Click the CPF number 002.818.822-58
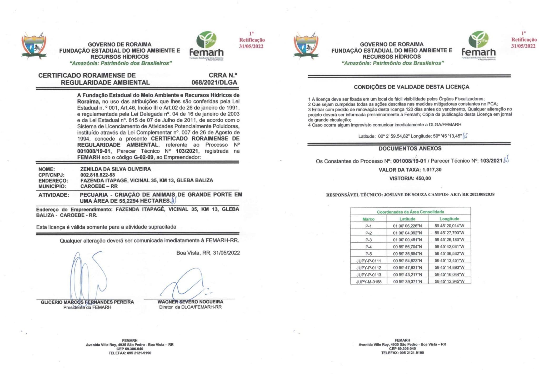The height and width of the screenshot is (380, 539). pos(97,175)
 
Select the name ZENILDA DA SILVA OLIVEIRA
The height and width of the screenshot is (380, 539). pos(116,169)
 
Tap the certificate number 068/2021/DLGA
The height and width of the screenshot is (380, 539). pos(214,82)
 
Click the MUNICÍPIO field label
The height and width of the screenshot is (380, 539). pos(52,186)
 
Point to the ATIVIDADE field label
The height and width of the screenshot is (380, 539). pos(54,195)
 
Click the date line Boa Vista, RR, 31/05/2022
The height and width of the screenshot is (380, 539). pos(208,253)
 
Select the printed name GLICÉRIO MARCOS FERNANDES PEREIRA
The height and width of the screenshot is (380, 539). pos(87,302)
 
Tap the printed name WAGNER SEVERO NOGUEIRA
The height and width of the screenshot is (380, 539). pos(190,302)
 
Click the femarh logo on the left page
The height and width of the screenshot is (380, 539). pos(207,46)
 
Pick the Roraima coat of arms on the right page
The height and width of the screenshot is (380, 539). pos(306,45)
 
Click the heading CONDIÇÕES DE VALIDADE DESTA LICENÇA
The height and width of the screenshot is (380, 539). pos(411,87)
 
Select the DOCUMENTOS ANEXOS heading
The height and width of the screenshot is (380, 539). pos(410,148)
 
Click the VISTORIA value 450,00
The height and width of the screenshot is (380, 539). pos(423,178)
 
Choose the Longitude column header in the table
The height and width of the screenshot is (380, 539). pos(449,219)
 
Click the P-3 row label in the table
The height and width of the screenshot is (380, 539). pos(368,240)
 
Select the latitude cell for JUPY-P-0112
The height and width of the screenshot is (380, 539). pos(407,268)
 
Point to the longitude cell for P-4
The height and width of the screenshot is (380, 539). pos(449,247)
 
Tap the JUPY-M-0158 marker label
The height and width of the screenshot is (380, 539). pos(369,282)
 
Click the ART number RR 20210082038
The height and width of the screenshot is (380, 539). pos(478,194)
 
